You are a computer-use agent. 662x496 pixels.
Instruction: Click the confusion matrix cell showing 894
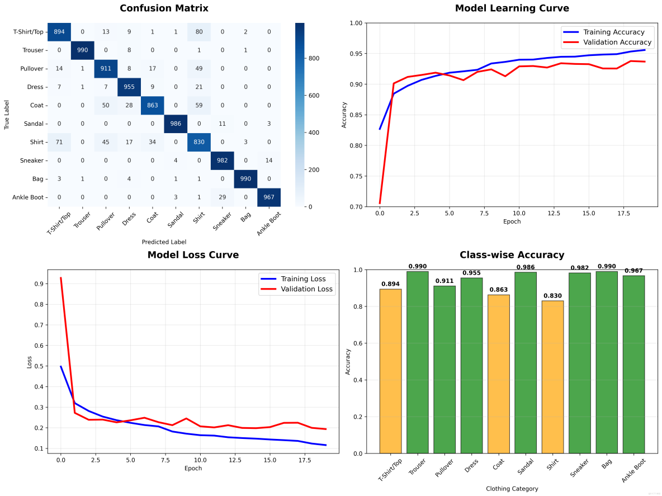[x=59, y=32]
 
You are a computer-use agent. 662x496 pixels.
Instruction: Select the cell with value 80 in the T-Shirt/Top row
[x=199, y=32]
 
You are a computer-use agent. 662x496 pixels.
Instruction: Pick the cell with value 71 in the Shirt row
[x=59, y=142]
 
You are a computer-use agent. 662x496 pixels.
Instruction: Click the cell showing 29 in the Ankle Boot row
[x=223, y=197]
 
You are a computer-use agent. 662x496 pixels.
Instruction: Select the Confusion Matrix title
[x=157, y=8]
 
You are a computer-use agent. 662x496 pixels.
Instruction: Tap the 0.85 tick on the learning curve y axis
[x=354, y=115]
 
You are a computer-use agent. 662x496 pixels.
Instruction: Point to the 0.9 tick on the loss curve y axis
[x=38, y=284]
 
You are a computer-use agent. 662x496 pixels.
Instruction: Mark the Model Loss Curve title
[x=193, y=255]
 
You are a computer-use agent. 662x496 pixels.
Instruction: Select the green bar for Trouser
[x=417, y=362]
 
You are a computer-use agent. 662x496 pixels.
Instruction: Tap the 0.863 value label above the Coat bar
[x=499, y=289]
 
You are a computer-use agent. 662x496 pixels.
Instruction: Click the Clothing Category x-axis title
[x=512, y=489]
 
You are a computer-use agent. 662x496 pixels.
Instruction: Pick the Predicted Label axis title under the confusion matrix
[x=164, y=242]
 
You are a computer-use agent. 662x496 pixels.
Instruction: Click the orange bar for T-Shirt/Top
[x=390, y=371]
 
